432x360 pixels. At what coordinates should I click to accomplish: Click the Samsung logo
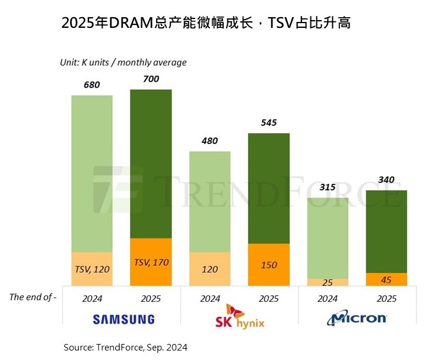[x=123, y=319]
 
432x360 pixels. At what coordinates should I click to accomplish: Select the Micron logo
[x=357, y=318]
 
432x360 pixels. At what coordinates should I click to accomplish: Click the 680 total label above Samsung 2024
[x=91, y=85]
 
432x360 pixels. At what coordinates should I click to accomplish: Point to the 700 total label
[x=150, y=78]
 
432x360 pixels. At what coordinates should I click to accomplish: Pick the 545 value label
[x=268, y=123]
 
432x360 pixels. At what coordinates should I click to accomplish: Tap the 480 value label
[x=209, y=141]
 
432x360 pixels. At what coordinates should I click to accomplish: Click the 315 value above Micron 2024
[x=327, y=187]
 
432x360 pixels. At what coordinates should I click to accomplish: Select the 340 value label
[x=386, y=180]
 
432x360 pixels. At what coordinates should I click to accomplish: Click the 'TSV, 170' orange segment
[x=150, y=261]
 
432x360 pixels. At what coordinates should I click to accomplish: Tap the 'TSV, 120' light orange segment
[x=91, y=268]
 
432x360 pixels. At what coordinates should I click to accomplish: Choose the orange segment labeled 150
[x=268, y=265]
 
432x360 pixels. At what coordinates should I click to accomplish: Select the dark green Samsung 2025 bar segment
[x=150, y=164]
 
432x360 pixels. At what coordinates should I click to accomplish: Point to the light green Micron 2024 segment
[x=327, y=237]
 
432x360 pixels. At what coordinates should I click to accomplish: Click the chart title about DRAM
[x=206, y=24]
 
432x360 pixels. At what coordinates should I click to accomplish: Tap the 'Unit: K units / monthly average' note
[x=123, y=62]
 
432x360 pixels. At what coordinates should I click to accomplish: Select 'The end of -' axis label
[x=33, y=297]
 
